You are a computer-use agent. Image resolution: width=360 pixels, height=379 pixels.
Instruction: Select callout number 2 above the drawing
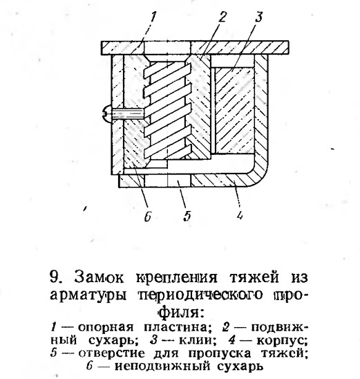(x=222, y=17)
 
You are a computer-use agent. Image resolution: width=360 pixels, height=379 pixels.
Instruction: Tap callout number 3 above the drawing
(x=258, y=17)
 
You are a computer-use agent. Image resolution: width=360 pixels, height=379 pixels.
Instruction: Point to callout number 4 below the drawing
(x=239, y=215)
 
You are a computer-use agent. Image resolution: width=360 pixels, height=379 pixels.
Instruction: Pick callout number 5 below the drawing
(x=187, y=216)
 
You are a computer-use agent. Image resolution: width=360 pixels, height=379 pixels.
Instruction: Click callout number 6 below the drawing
(x=148, y=216)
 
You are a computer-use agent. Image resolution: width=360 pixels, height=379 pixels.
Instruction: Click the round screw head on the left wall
(x=106, y=114)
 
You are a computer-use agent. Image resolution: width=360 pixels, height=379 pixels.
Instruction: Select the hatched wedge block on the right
(x=234, y=111)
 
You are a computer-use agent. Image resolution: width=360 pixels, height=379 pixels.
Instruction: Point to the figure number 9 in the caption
(x=55, y=277)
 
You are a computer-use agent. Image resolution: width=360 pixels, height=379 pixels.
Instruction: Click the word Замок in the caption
(x=99, y=277)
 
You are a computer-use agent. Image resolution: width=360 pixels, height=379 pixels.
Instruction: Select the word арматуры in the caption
(x=88, y=295)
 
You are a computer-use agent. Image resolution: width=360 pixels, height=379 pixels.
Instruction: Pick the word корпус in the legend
(x=282, y=341)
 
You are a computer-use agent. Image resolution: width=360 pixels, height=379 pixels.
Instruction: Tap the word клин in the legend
(x=195, y=341)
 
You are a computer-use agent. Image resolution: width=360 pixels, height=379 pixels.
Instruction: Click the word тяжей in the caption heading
(x=254, y=277)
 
